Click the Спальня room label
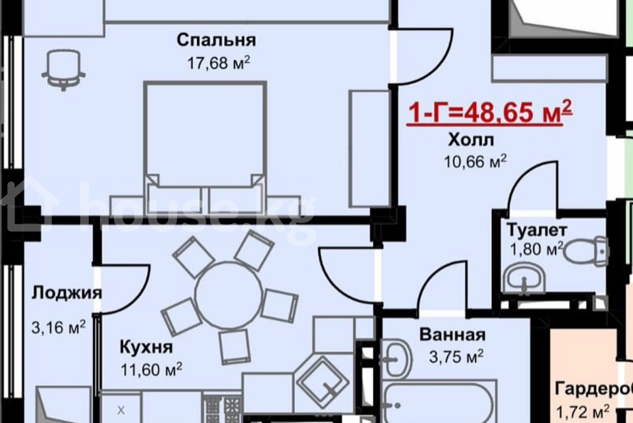point(216,41)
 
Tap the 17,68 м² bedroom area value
point(219,63)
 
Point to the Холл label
point(471,140)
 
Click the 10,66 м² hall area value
point(475,161)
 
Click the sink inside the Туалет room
point(525,278)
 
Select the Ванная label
point(453,334)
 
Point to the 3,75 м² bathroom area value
point(456,357)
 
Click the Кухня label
point(146,347)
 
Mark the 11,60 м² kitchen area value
point(151,370)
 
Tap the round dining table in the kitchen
point(228,295)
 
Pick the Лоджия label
point(66,293)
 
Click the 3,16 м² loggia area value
point(59,328)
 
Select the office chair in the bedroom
point(64,70)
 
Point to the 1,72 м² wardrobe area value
point(583,412)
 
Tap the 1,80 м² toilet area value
point(536,249)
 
